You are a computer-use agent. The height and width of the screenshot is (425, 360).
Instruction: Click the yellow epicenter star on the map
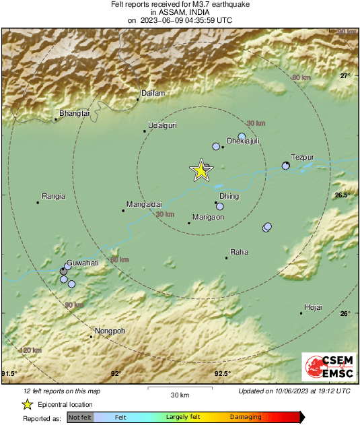click(x=201, y=171)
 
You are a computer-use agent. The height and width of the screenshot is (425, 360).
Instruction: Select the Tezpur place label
click(x=302, y=156)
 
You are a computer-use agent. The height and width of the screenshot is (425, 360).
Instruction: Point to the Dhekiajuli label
click(x=243, y=141)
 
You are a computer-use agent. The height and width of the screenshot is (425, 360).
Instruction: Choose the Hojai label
click(x=314, y=307)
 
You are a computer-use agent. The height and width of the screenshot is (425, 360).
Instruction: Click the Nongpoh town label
click(x=110, y=331)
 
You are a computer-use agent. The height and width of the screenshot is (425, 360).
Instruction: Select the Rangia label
click(x=53, y=197)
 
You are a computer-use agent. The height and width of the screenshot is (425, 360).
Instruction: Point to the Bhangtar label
click(x=75, y=114)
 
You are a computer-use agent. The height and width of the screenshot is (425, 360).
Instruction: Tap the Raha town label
click(x=240, y=252)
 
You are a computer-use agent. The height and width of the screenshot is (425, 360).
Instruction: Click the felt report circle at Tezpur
click(x=285, y=166)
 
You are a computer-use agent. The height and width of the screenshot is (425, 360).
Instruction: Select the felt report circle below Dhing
click(x=219, y=207)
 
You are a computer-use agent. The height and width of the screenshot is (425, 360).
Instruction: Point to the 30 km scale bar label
click(x=179, y=395)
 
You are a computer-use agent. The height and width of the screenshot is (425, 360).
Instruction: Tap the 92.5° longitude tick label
click(x=223, y=374)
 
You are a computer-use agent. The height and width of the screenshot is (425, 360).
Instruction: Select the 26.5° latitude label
click(x=344, y=195)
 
